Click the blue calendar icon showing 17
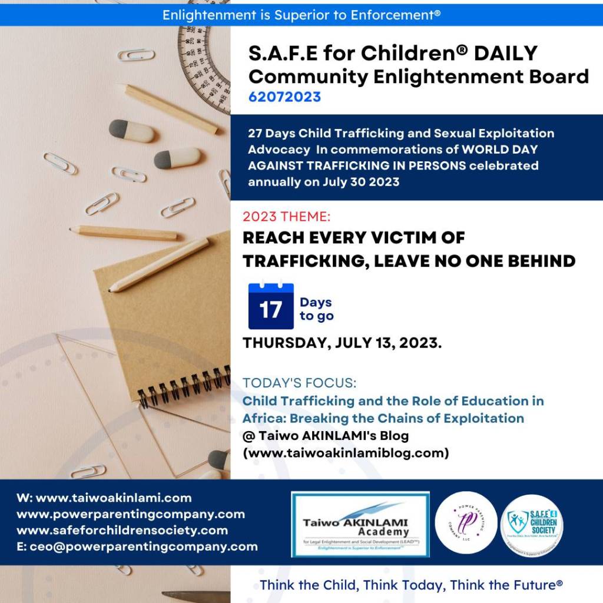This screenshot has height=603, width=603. tap(270, 306)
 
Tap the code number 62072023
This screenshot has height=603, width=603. tap(284, 97)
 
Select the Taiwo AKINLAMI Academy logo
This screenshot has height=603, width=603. tap(360, 524)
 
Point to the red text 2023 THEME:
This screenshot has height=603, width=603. tap(283, 217)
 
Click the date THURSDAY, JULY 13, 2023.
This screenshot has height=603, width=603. tap(342, 343)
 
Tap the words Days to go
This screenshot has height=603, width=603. tap(316, 309)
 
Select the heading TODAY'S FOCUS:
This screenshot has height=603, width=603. tap(299, 383)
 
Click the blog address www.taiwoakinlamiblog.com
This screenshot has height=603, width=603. tap(346, 453)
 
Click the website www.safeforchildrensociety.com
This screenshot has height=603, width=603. tap(122, 530)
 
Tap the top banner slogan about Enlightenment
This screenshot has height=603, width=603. tap(301, 14)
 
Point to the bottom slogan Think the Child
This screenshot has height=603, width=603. tap(411, 585)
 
